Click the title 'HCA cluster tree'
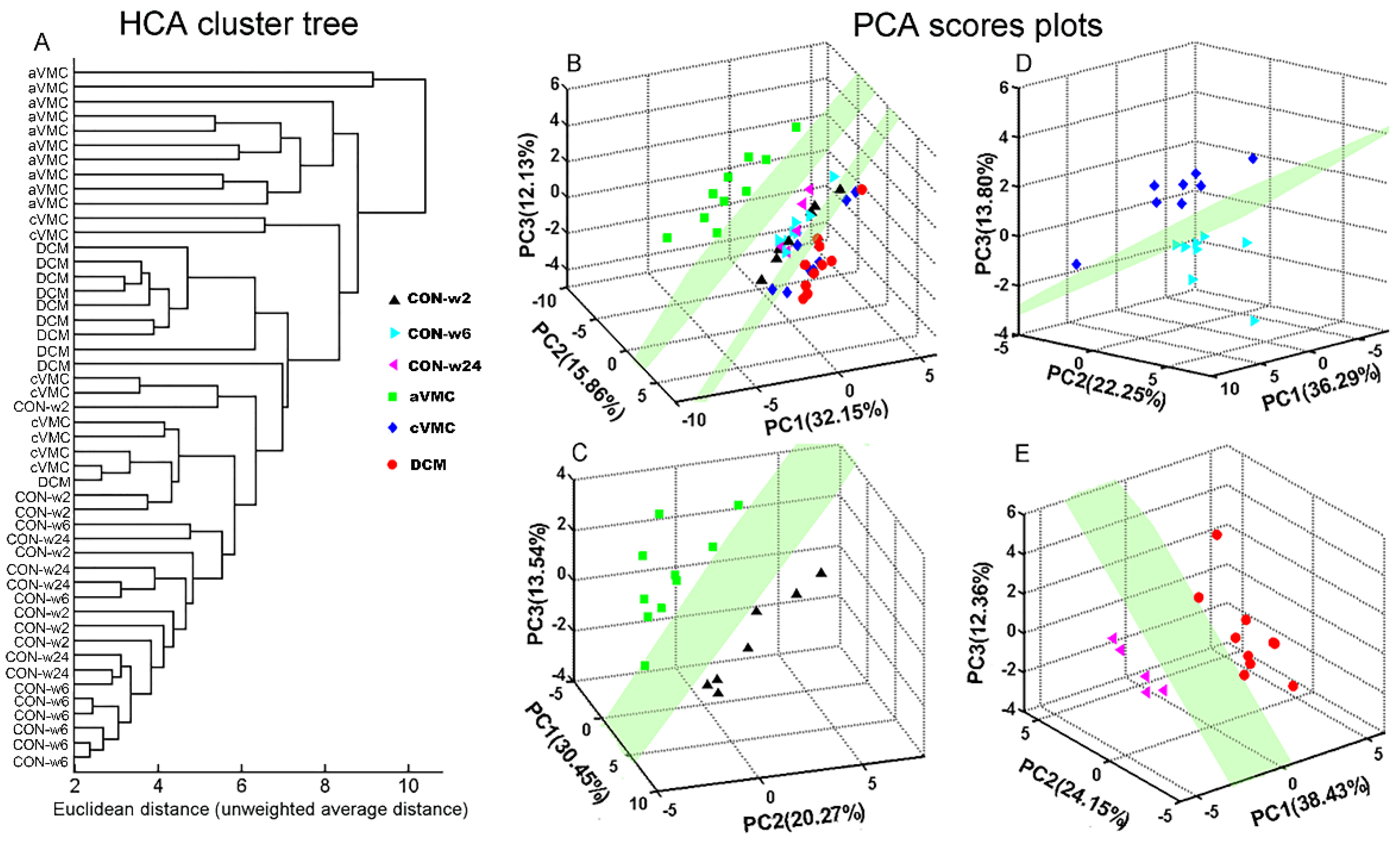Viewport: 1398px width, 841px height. coord(239,25)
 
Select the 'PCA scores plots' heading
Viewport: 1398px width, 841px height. coord(978,25)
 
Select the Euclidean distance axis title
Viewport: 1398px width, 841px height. coord(261,809)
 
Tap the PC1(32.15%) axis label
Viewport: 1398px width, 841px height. coord(825,418)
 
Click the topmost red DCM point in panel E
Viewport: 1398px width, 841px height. coord(1216,535)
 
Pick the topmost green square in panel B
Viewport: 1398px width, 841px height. coord(796,127)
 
